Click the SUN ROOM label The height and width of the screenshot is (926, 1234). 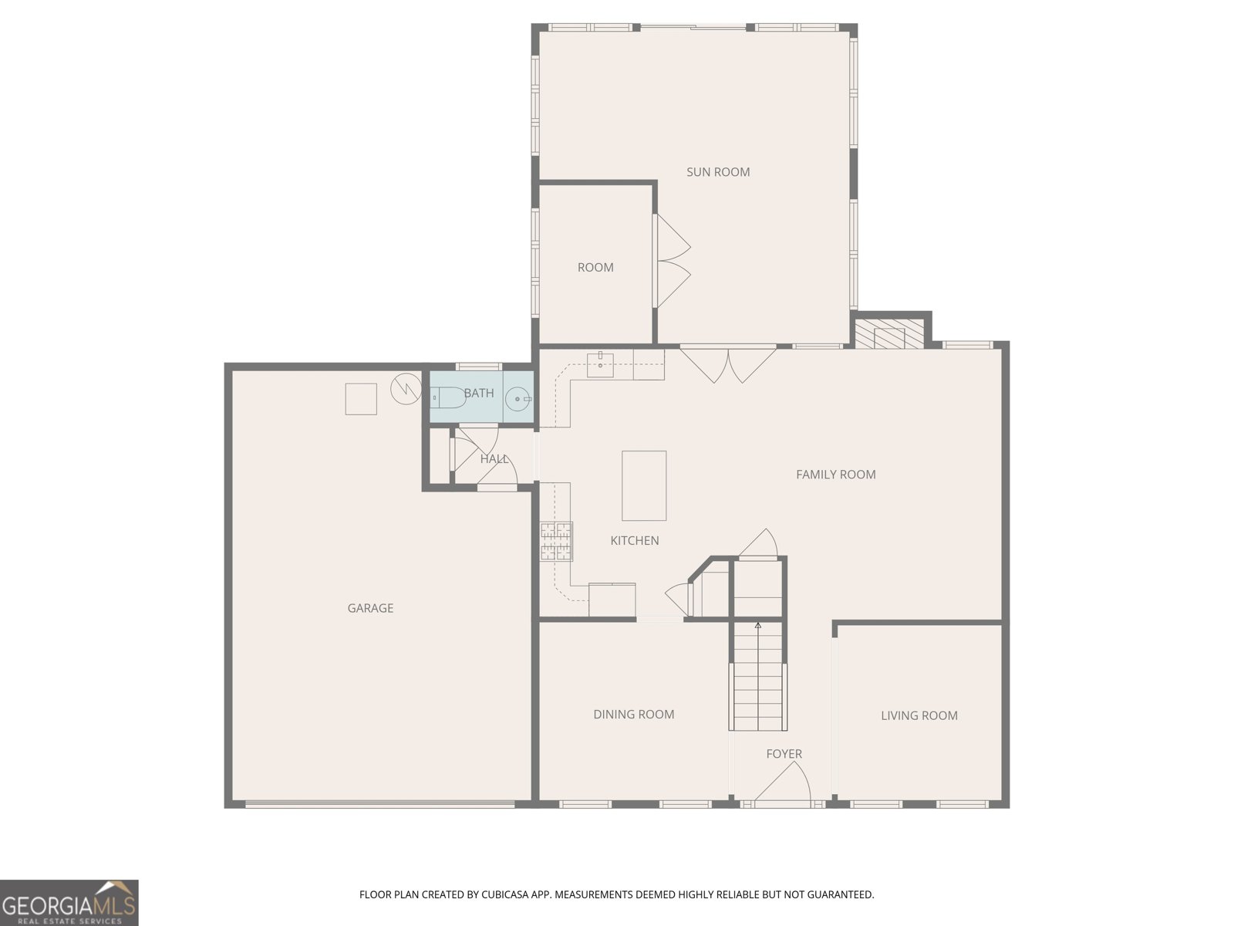718,172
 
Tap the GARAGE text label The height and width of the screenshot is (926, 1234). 370,608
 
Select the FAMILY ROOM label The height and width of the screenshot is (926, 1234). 836,475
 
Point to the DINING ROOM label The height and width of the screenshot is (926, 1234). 634,715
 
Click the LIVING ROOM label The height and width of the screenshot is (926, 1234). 919,716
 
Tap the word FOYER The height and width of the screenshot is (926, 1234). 784,754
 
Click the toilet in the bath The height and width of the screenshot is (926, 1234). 448,397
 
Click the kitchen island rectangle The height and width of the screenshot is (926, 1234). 644,486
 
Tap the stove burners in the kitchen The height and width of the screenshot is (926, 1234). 556,541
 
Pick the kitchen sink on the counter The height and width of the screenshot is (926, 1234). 600,363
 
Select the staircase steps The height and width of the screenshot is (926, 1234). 758,677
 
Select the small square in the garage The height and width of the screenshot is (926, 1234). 360,399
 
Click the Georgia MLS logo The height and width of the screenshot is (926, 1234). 69,903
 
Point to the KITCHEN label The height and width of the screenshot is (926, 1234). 635,541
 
